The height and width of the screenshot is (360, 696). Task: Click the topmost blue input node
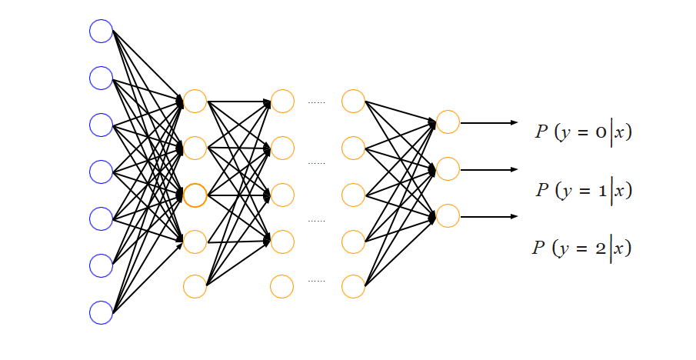101,31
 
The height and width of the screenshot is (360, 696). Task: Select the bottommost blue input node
101,312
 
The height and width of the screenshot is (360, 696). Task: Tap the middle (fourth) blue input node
101,172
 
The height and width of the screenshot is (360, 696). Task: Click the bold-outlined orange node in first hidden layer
195,195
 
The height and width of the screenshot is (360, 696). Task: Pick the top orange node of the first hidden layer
195,101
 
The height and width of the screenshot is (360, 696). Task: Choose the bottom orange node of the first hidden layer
195,286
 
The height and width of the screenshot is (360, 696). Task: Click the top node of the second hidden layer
282,101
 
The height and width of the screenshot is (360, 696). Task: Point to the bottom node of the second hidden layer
282,286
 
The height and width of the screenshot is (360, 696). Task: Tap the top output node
448,122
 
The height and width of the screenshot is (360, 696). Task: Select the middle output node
448,168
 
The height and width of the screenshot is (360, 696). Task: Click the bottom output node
448,215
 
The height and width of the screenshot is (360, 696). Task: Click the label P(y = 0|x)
584,132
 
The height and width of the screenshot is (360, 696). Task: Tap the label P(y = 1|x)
584,189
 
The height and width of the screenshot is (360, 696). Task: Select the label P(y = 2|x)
581,248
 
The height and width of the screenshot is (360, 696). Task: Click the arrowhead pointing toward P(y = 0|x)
514,122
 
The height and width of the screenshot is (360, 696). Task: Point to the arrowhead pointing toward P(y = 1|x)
514,169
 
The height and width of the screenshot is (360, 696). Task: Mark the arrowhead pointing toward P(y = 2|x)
514,216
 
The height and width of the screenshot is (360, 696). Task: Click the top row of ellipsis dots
317,102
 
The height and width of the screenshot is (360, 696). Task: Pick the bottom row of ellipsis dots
317,281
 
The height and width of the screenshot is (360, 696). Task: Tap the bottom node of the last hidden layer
353,286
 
